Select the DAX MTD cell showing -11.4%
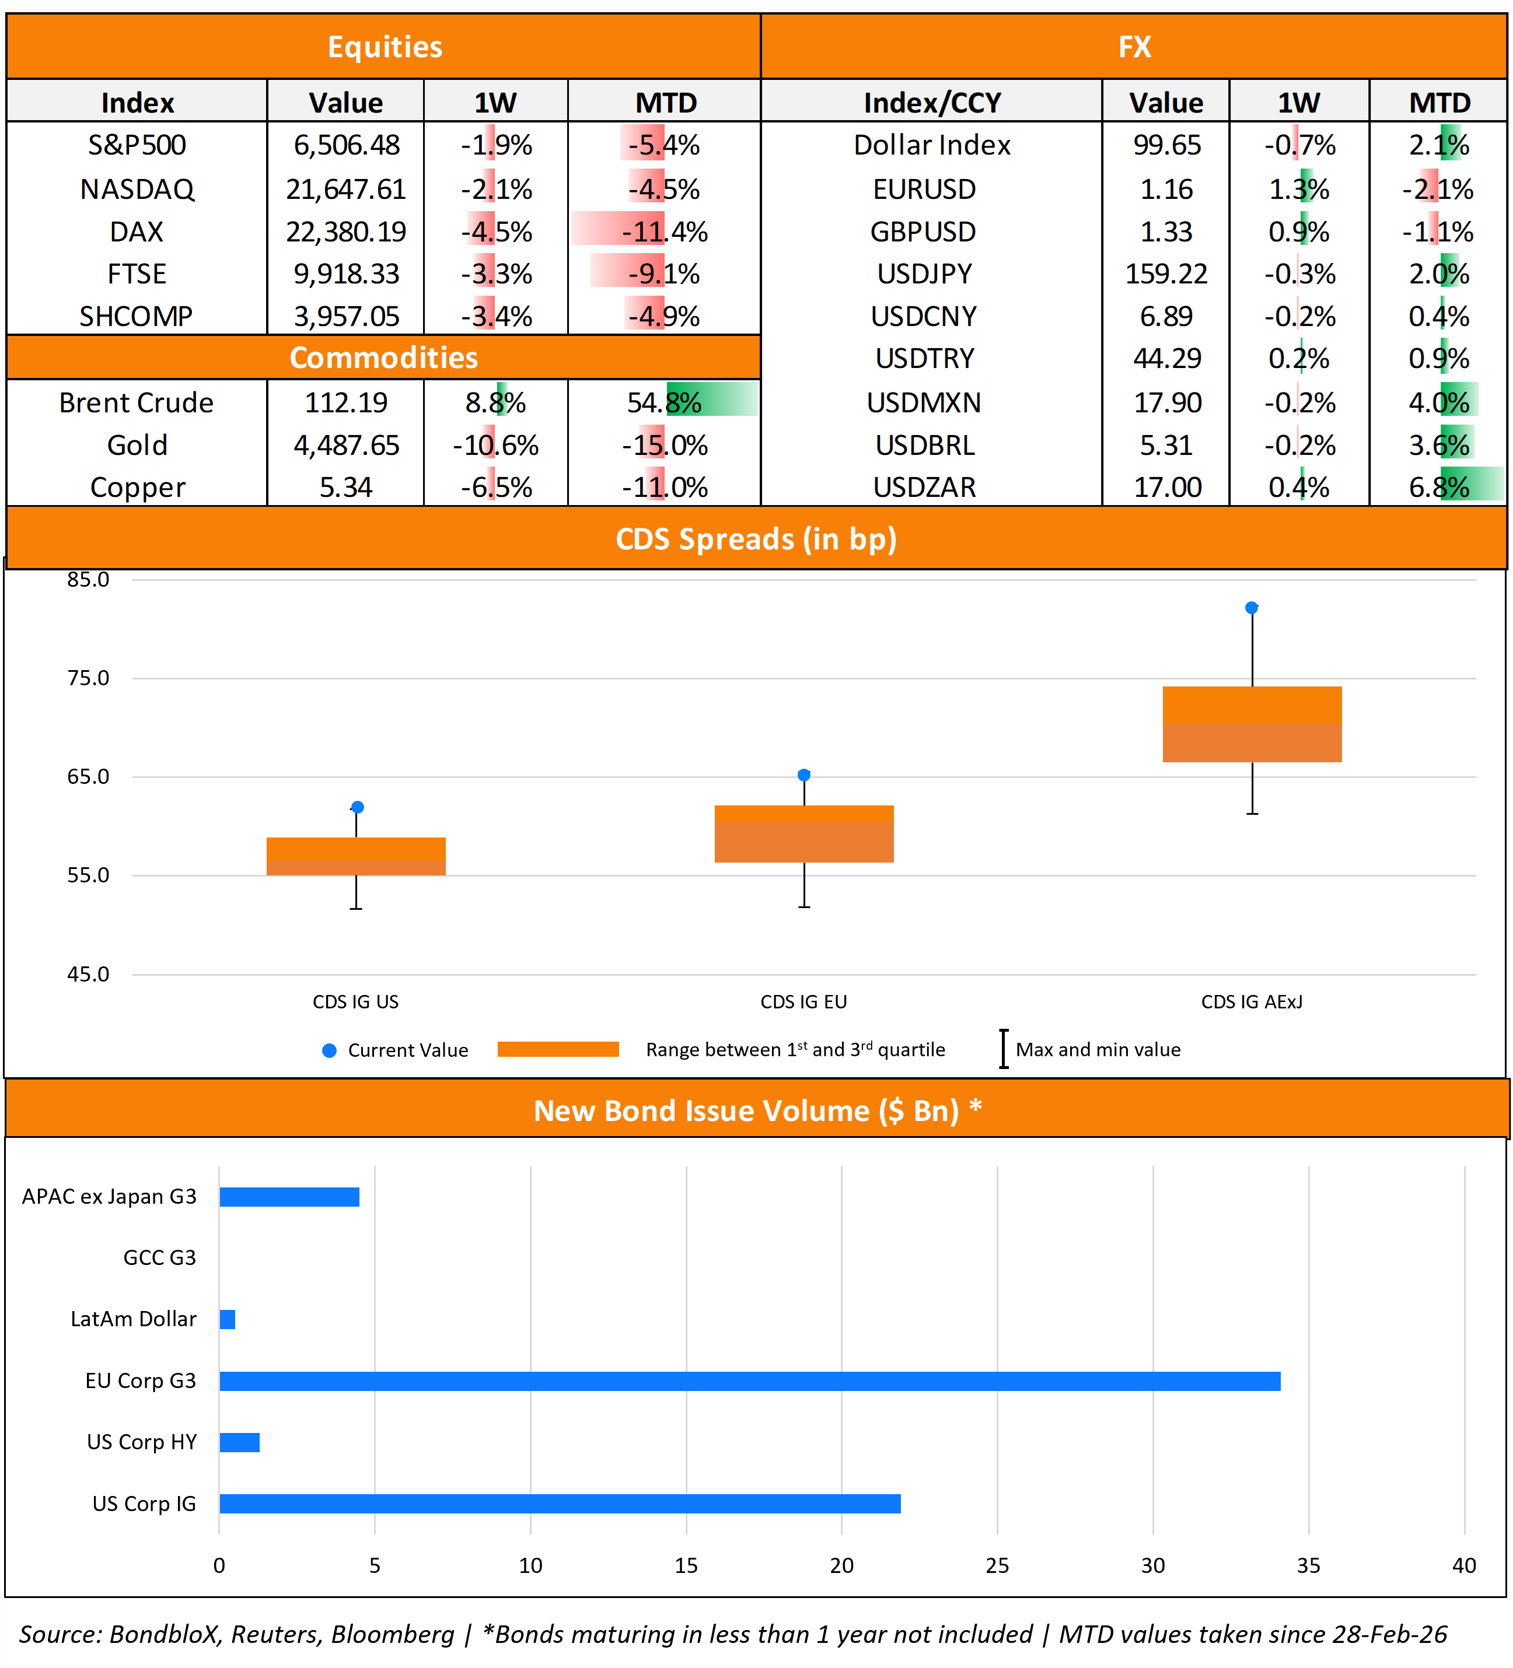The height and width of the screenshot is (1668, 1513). point(664,232)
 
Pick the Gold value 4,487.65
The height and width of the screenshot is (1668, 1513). point(346,445)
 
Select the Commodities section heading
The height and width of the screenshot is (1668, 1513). point(383,358)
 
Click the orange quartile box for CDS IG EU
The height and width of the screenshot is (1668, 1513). point(803,834)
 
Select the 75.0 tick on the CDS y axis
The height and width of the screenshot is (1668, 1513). point(88,678)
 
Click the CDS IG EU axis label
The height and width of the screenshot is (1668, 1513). point(803,1002)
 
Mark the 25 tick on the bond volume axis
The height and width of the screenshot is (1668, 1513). point(997,1565)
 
